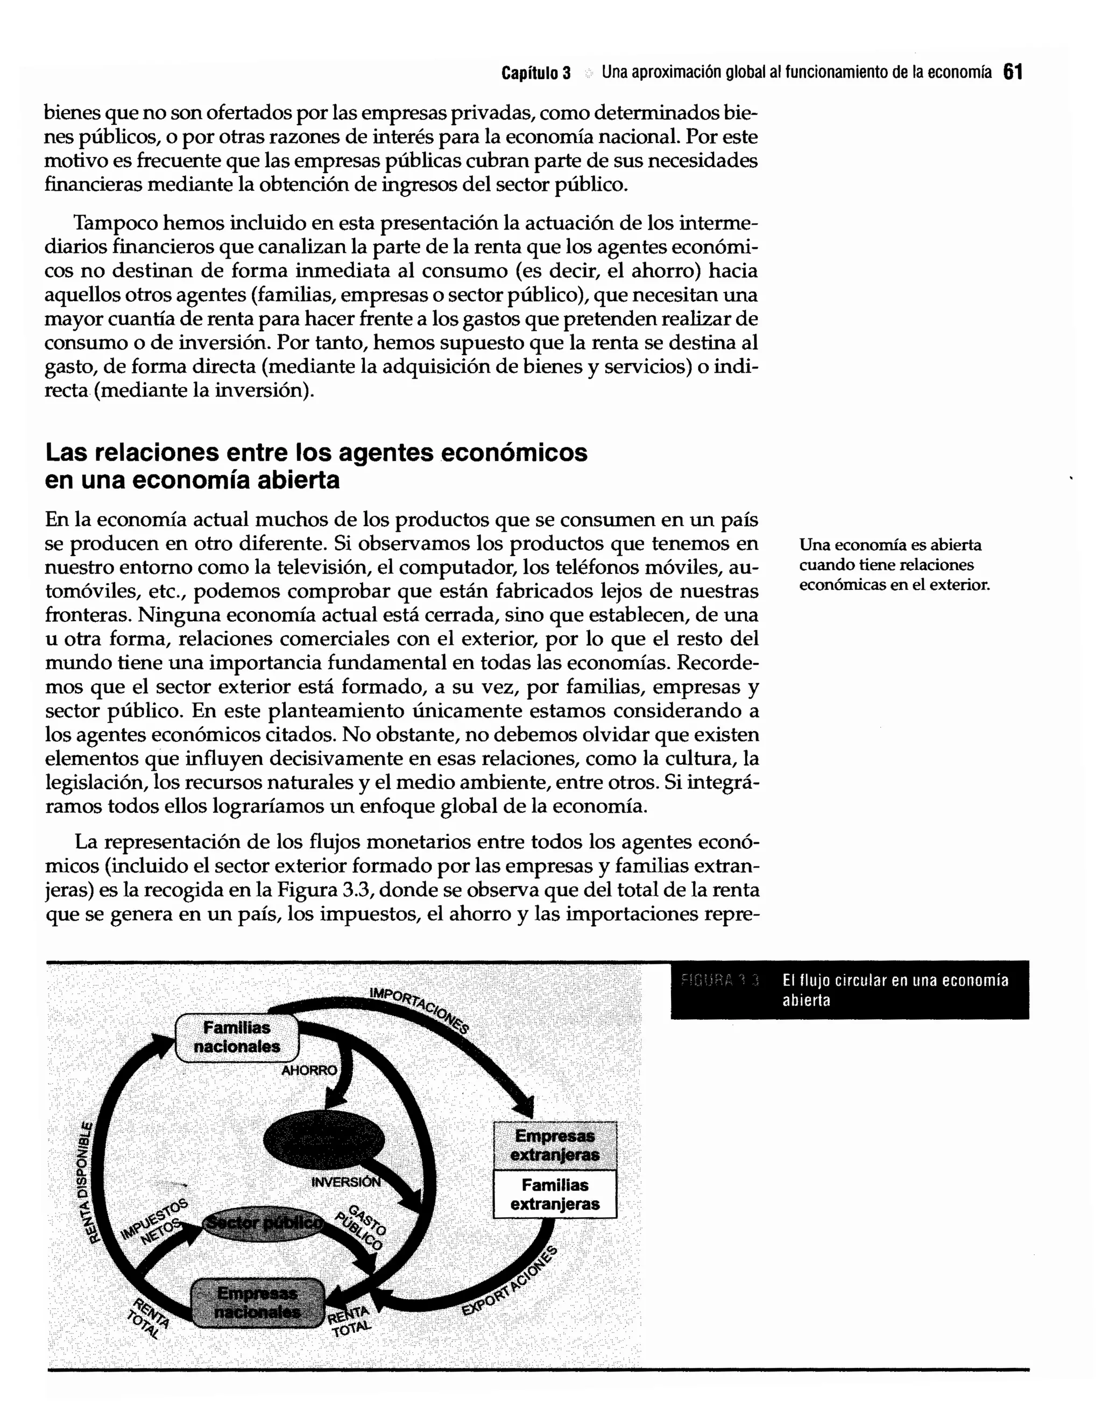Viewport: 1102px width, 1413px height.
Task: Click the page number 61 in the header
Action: click(1013, 72)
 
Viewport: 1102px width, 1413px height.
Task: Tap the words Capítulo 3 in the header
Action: click(536, 73)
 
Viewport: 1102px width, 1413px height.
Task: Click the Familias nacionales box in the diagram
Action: click(237, 1038)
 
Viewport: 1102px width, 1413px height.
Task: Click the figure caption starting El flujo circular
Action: click(894, 990)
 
